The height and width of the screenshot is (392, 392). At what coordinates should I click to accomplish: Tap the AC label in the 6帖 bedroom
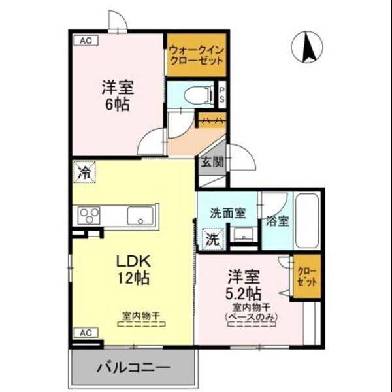pos(85,40)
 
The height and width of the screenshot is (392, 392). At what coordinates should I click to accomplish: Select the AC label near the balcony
pos(84,332)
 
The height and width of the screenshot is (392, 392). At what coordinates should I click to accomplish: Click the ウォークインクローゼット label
pos(196,54)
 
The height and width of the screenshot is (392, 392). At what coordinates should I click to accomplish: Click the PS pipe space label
pos(222,95)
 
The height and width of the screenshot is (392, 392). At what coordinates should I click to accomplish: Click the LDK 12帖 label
pos(133,268)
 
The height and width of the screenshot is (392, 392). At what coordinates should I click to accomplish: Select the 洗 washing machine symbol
pos(212,238)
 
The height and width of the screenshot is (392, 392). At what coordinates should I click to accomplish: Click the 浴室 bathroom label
pos(277,221)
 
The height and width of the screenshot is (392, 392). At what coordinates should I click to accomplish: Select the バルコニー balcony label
pos(134,367)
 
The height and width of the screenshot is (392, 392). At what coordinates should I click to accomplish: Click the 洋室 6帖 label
pos(115,95)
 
